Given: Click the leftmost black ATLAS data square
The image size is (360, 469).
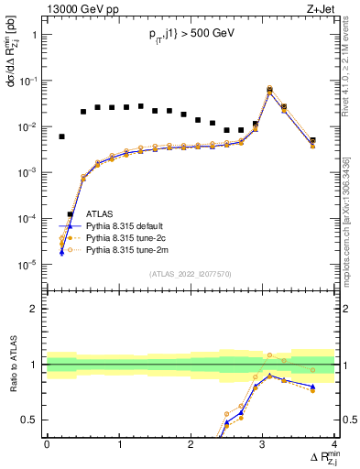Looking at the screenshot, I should pos(61,136).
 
